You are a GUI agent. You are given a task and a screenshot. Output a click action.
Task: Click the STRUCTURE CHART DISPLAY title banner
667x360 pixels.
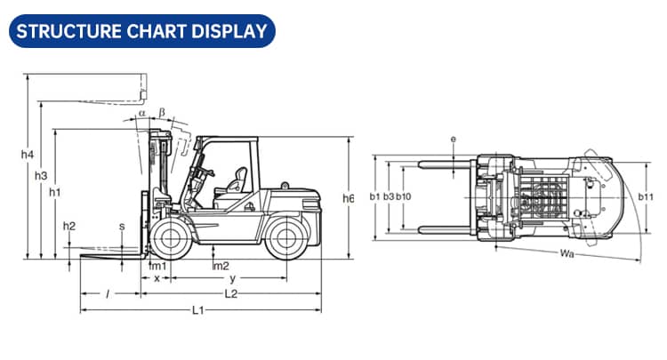[141, 31]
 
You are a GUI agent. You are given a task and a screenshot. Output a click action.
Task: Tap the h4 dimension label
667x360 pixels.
[27, 155]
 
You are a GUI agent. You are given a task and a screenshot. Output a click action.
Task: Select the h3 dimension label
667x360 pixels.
[41, 176]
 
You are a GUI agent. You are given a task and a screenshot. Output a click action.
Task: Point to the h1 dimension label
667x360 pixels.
[55, 191]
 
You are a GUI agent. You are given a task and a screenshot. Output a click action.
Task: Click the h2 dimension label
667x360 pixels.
[69, 226]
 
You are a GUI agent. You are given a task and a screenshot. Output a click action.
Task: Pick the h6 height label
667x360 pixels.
[349, 199]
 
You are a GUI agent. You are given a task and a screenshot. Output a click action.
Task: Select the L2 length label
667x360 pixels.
[230, 293]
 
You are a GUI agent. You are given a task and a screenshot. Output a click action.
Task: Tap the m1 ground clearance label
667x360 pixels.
[157, 266]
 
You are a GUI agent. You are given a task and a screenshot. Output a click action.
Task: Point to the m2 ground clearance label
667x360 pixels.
[221, 266]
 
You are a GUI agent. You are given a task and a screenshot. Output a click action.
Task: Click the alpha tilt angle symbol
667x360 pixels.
[141, 114]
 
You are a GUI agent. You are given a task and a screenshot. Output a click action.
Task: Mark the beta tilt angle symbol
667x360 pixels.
[161, 112]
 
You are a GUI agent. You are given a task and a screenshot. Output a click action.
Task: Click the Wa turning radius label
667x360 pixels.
[567, 255]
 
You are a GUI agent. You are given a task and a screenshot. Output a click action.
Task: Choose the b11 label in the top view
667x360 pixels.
[646, 196]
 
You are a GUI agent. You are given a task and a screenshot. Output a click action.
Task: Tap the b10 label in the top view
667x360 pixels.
[403, 196]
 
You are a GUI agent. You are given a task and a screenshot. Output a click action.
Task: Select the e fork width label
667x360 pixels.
[453, 140]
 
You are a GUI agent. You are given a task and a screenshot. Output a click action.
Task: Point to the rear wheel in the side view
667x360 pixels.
[285, 238]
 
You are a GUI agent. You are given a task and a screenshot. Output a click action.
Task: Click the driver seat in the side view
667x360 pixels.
[237, 182]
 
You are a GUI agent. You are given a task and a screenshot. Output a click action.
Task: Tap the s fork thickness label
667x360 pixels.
[122, 226]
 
